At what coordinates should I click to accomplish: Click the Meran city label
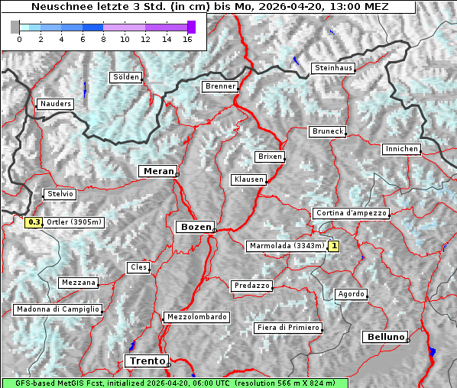point(158,171)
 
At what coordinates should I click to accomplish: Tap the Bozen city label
point(195,227)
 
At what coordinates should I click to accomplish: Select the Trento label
point(146,361)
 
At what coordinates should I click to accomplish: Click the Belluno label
point(384,336)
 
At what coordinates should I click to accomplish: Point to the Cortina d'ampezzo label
point(351,213)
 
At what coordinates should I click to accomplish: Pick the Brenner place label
point(220,86)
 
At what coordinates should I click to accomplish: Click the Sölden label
point(126,77)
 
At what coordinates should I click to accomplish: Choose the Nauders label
point(54,104)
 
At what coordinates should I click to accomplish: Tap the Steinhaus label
point(334,68)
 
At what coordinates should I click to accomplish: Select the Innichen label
point(401,149)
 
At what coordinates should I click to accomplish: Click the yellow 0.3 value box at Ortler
point(34,222)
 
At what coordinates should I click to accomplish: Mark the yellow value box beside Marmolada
point(333,246)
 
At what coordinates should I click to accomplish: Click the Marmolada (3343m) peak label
point(287,246)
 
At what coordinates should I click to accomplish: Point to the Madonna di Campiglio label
point(57,309)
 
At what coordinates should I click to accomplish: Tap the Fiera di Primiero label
point(288,328)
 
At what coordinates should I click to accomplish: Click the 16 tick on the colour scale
point(188,38)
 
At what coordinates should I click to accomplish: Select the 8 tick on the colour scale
point(103,38)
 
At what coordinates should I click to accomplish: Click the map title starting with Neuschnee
point(209,7)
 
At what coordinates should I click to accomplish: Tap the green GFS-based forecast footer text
point(174,383)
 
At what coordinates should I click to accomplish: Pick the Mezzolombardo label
point(196,316)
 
